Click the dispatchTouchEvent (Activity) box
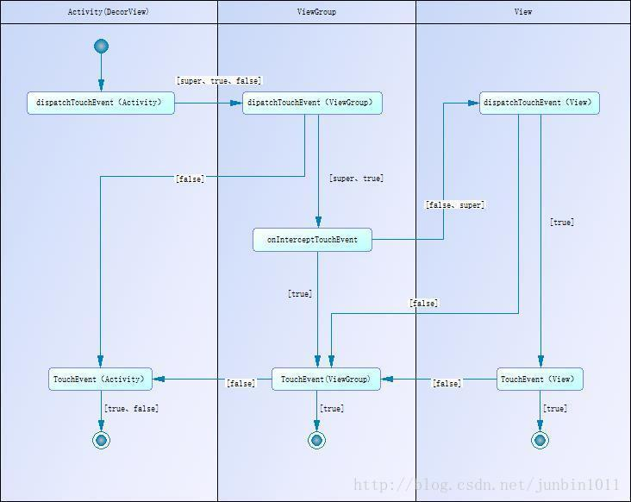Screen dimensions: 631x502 (x=101, y=103)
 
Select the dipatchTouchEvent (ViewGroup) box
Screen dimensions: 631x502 (x=312, y=103)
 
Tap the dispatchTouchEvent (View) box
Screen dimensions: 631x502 (x=540, y=103)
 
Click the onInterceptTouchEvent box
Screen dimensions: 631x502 (x=312, y=240)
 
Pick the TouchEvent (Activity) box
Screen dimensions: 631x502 (x=101, y=380)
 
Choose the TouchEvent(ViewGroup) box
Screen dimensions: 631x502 (x=327, y=380)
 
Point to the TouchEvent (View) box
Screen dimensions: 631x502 (x=540, y=380)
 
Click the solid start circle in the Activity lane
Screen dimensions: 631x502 (x=102, y=47)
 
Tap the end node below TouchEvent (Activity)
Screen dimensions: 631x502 (x=102, y=441)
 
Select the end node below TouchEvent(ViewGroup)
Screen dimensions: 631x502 (x=316, y=441)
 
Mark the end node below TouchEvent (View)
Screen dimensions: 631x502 (x=540, y=441)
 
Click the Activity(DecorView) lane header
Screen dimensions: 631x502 (x=109, y=12)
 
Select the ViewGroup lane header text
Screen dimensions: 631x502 (x=316, y=12)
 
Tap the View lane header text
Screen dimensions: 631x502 (x=523, y=12)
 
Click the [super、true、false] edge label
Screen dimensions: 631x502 (x=219, y=81)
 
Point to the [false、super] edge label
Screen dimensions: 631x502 (x=455, y=205)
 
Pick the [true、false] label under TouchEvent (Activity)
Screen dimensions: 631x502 (x=132, y=409)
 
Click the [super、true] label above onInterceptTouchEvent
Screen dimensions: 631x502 (x=357, y=179)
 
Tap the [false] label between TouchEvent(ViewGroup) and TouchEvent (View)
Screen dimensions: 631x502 (x=447, y=383)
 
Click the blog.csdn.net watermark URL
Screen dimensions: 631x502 (x=486, y=485)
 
